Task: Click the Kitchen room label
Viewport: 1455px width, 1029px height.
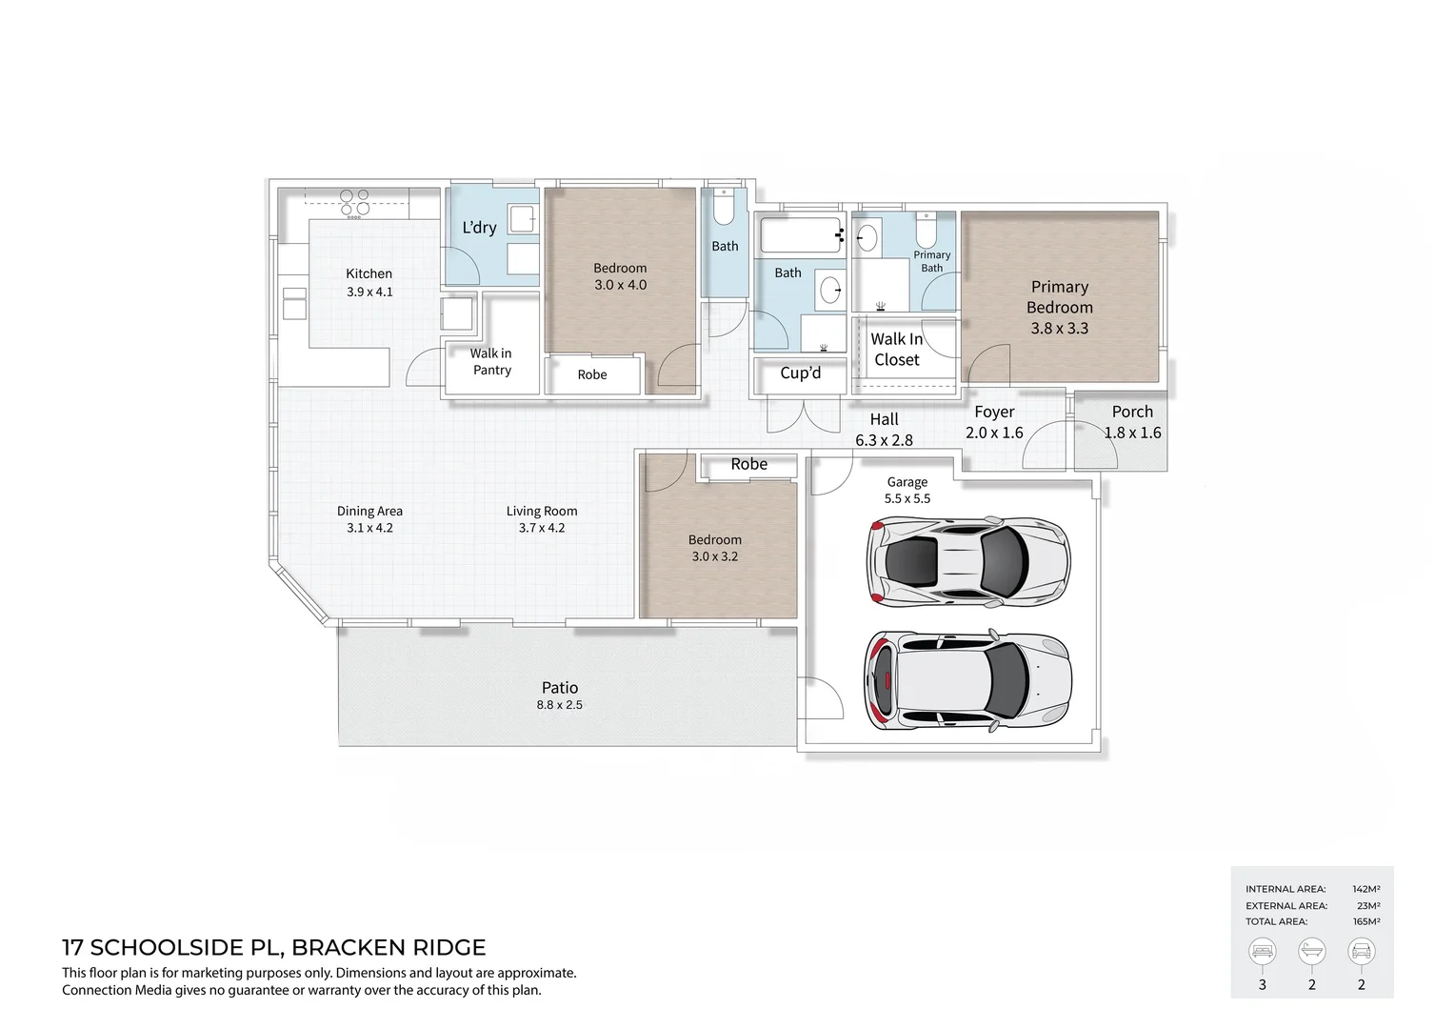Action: coord(369,273)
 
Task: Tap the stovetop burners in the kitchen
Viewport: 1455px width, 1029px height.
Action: coord(354,202)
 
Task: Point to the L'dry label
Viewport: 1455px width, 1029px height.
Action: coord(479,228)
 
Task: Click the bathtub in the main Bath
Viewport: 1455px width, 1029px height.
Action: coord(801,234)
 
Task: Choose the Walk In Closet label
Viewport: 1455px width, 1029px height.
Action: coord(896,350)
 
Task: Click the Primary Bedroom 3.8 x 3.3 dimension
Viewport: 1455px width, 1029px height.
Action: coord(1059,328)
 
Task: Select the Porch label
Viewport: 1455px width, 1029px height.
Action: coord(1132,412)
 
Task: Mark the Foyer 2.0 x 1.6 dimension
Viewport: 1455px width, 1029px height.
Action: coord(994,433)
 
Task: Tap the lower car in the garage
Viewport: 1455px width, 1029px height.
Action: coord(967,678)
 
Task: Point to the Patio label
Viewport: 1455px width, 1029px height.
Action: coord(560,687)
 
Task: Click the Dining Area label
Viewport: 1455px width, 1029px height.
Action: coord(369,511)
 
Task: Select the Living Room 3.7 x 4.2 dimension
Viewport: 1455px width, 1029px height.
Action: coord(542,528)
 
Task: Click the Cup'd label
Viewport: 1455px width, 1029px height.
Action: coord(800,373)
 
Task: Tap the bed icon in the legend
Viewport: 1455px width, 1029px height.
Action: coord(1263,951)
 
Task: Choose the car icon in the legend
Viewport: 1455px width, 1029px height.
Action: coord(1361,951)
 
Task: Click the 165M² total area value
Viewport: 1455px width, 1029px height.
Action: coord(1365,921)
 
